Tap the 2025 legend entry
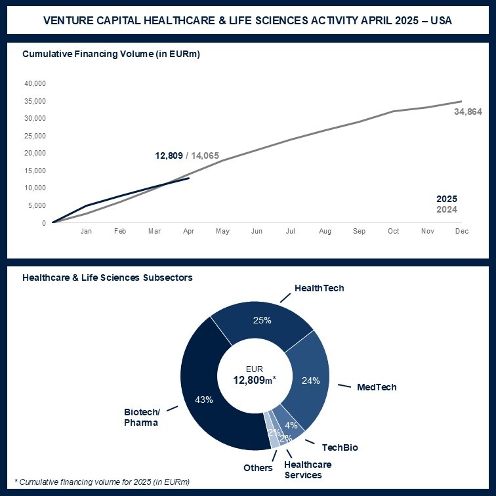[x=447, y=199]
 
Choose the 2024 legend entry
[x=447, y=209]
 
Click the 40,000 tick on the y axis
[x=34, y=83]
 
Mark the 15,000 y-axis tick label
[x=34, y=171]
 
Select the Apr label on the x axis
[x=188, y=232]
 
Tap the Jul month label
[x=291, y=232]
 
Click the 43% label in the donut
[x=204, y=400]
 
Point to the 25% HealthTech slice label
[x=262, y=321]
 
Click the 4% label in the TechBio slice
[x=291, y=424]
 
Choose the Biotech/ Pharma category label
[x=141, y=417]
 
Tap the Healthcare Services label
[x=307, y=469]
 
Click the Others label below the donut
[x=258, y=468]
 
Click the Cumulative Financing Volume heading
[x=111, y=54]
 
